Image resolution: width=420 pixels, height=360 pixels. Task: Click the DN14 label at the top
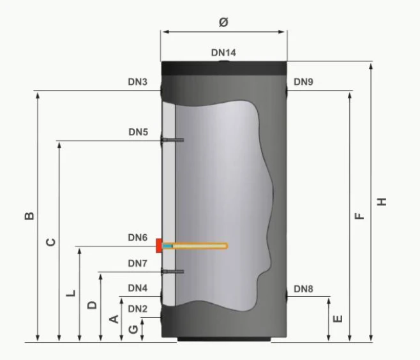point(223,53)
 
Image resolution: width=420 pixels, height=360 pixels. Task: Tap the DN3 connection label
point(137,82)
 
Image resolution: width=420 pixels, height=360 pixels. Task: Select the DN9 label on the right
point(303,82)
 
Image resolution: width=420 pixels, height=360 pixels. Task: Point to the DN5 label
point(138,132)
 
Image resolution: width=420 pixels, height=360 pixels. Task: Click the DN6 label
point(137,237)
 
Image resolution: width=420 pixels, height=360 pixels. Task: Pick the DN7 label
point(137,263)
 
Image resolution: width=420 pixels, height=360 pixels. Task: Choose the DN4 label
point(137,288)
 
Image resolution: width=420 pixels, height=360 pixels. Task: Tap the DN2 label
point(137,309)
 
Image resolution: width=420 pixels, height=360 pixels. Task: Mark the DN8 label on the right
point(303,289)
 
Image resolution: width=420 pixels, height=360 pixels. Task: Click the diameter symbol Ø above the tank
point(223,22)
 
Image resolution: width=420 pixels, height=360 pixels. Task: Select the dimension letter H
point(382,202)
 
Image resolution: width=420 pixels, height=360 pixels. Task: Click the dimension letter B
point(29,216)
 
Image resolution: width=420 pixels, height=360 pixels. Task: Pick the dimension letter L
point(71,294)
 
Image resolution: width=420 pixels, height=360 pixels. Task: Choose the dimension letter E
point(338,318)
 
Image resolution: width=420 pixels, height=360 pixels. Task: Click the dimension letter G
point(133,329)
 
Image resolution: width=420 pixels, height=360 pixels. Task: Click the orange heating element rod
point(198,246)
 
